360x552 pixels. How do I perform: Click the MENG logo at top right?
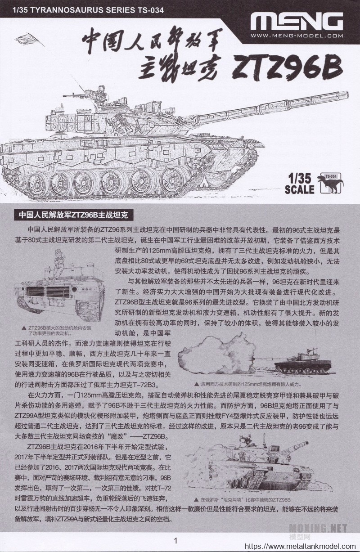click(x=297, y=22)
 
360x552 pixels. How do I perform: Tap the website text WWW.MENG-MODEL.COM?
click(x=297, y=36)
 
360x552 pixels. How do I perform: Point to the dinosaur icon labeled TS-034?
click(x=331, y=183)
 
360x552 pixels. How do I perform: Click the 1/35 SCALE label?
click(x=300, y=184)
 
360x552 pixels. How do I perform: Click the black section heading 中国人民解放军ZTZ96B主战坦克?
click(x=73, y=215)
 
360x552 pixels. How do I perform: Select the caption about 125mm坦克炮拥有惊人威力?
click(x=248, y=384)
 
